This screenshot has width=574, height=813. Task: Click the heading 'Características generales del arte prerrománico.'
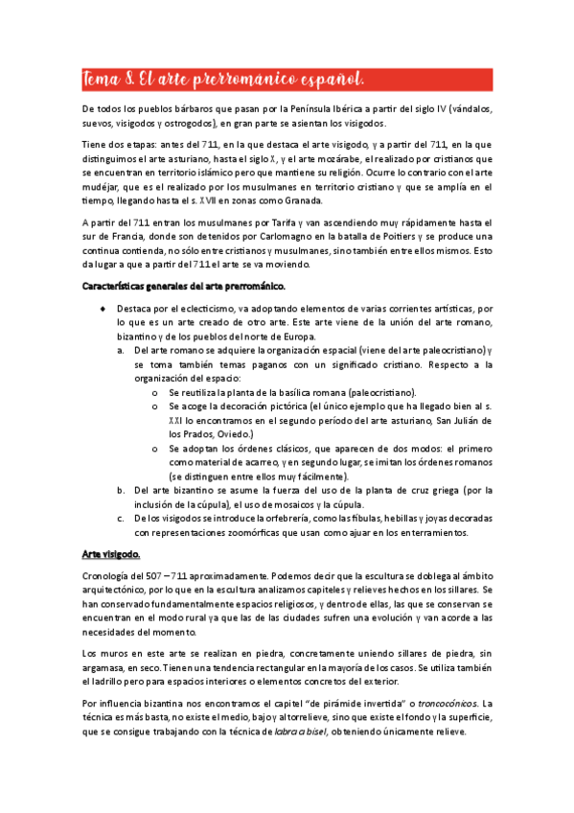pos(183,286)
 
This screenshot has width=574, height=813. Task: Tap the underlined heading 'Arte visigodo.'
pos(110,554)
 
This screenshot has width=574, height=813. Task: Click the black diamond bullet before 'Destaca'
pos(103,310)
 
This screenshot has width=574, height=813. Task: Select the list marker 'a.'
pos(122,351)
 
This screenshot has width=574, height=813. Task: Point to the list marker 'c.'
pos(122,519)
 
